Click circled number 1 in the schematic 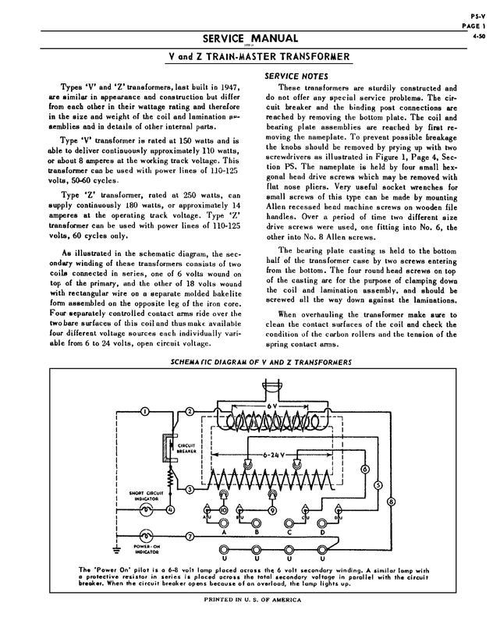(145, 411)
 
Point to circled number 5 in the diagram (378, 484)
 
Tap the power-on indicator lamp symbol (145, 537)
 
